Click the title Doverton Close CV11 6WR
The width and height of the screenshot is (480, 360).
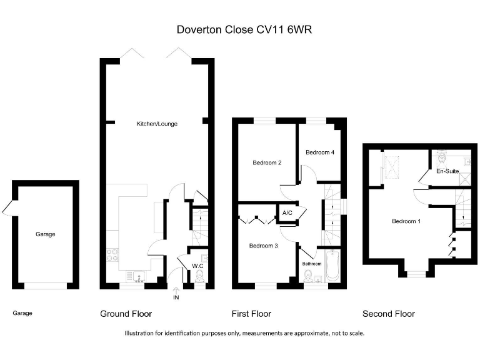click(240, 29)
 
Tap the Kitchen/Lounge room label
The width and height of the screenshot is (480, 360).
click(157, 124)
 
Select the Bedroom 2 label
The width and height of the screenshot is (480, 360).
click(267, 163)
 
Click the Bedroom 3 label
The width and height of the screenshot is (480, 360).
click(263, 246)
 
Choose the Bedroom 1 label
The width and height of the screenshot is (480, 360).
click(406, 221)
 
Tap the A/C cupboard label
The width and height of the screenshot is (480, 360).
click(287, 213)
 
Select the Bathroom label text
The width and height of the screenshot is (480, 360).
click(312, 264)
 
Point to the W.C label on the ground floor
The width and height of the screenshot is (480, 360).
click(197, 266)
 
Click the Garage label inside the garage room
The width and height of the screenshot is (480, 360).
click(45, 234)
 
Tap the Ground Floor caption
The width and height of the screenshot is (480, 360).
click(126, 314)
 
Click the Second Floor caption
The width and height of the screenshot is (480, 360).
click(388, 314)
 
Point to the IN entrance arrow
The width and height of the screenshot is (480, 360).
click(175, 291)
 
